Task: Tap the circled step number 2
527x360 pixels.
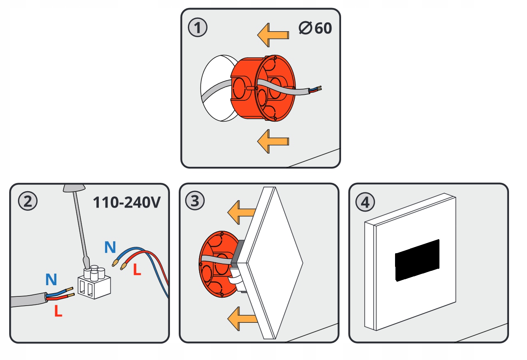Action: point(28,201)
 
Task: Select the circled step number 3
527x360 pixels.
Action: point(195,201)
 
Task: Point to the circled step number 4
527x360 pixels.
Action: point(365,202)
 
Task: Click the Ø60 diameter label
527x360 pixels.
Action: point(315,28)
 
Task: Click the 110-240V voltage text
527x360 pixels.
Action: point(126,202)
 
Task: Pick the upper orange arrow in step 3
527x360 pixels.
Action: point(241,212)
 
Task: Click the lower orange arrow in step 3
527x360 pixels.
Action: point(241,319)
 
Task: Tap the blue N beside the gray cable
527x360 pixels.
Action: point(51,279)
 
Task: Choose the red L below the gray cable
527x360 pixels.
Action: point(58,311)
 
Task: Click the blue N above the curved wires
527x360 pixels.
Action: point(110,248)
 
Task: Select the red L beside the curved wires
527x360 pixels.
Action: point(137,270)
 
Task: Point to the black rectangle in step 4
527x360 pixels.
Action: point(417,260)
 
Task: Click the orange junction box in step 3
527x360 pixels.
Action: point(216,264)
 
